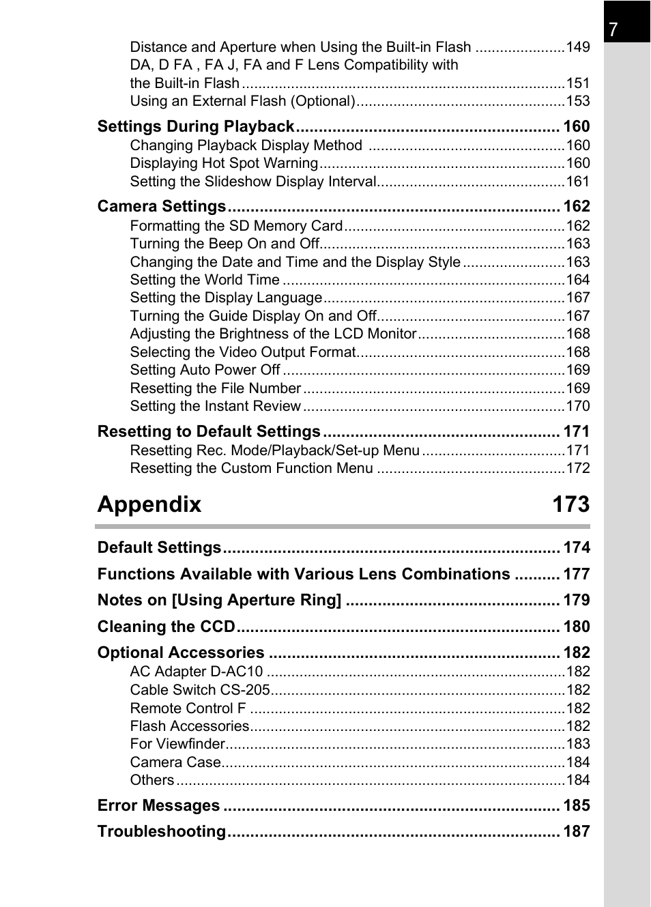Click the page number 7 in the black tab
pos(613,29)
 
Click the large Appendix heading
pos(149,504)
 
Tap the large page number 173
pos(570,504)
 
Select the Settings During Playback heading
pos(196,127)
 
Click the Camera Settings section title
pos(162,207)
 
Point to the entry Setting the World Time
pos(205,280)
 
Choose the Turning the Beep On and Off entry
pos(225,244)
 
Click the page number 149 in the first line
pos(577,47)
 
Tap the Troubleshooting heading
pos(162,831)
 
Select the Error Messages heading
pos(158,805)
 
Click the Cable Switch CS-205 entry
pos(200,690)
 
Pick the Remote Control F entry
pos(188,708)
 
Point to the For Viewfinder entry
pos(177,744)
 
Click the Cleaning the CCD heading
pos(166,627)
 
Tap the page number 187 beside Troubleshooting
pos(576,831)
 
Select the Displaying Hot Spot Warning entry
pos(224,163)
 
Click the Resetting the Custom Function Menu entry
pos(251,468)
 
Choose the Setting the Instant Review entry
pos(216,406)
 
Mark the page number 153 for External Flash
pos(577,101)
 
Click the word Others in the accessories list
pos(152,780)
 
